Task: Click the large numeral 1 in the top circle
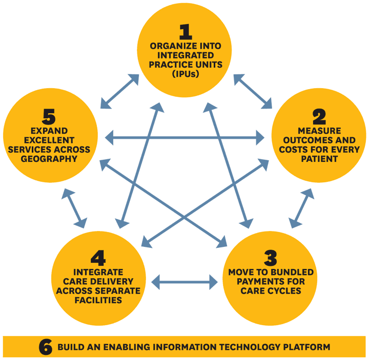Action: (186, 32)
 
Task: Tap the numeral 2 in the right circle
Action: (319, 117)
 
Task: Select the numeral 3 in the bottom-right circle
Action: (271, 258)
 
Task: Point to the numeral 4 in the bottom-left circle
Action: (98, 258)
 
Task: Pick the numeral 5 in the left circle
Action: (49, 117)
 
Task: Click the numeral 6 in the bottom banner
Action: (46, 347)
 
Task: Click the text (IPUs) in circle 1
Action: (186, 74)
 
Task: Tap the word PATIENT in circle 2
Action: (319, 159)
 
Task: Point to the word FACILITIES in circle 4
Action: (98, 300)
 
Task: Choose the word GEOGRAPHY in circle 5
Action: (49, 159)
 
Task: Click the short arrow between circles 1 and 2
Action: (253, 92)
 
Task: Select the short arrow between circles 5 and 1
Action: (119, 92)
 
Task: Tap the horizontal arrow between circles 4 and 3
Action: (184, 282)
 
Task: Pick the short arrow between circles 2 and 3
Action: (301, 208)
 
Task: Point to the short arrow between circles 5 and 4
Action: (74, 208)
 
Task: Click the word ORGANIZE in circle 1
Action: (170, 46)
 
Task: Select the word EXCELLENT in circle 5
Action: (49, 140)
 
